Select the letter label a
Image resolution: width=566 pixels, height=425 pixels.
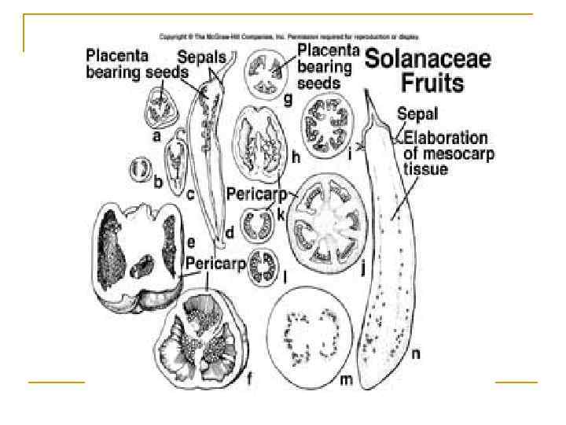coord(157,135)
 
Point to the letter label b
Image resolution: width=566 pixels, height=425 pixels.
coord(158,183)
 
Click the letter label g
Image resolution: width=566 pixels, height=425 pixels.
coord(288,98)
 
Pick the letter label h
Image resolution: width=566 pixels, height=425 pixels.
coord(296,157)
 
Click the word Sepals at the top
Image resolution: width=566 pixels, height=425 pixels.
coord(200,57)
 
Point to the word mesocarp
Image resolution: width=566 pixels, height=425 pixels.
coord(454,153)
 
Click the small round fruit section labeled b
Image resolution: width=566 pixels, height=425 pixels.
coord(141,170)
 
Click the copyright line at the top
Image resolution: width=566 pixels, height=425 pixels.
coord(289,36)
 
